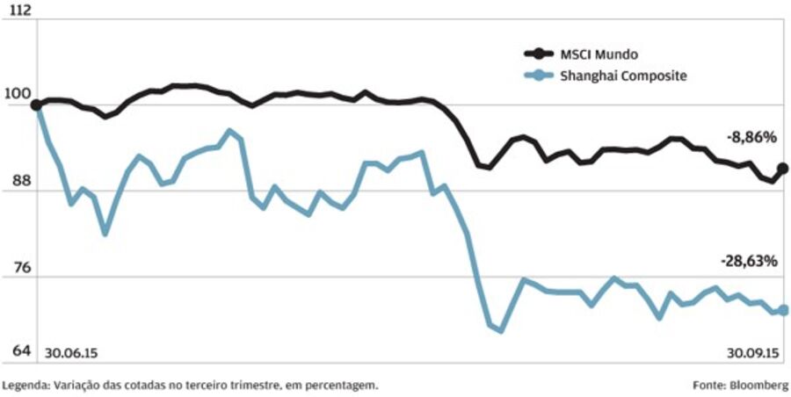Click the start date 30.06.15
(71, 352)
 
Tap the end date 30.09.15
(753, 352)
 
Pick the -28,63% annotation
(749, 261)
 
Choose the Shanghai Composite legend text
(622, 76)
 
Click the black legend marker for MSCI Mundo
(538, 54)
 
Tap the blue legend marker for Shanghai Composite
(538, 76)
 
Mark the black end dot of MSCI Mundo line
(783, 168)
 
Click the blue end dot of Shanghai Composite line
(783, 309)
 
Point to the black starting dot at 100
(36, 105)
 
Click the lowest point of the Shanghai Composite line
(501, 330)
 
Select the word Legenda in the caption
(25, 385)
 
